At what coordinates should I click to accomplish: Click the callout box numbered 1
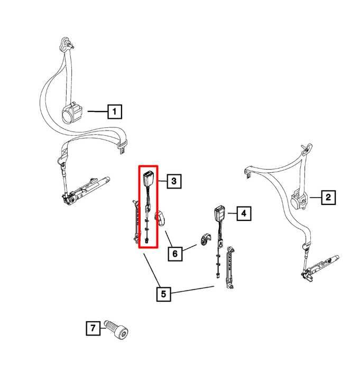click(115, 111)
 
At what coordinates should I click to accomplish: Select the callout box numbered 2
click(328, 198)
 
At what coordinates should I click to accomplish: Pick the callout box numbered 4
click(243, 213)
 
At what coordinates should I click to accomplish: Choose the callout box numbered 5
click(163, 293)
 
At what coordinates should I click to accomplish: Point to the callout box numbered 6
click(175, 254)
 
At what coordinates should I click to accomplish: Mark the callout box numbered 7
click(93, 329)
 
